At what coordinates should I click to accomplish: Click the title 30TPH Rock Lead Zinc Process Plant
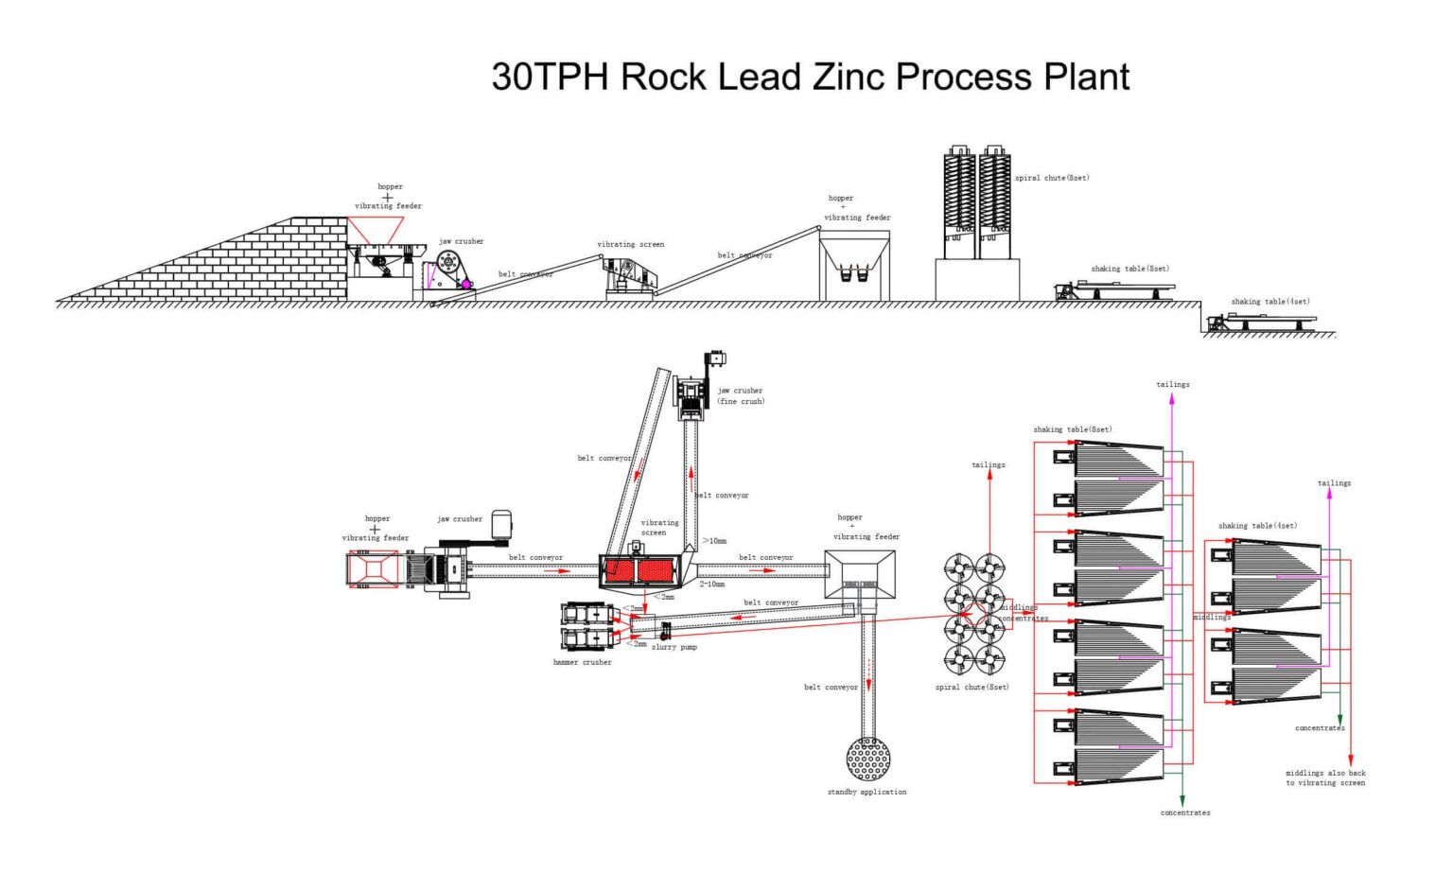click(x=810, y=77)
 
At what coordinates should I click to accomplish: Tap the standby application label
click(x=867, y=792)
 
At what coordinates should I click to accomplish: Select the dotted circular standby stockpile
click(x=867, y=759)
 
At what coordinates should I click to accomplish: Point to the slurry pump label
click(x=674, y=647)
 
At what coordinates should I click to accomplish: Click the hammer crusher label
click(x=582, y=662)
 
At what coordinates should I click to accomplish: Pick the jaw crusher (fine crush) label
click(x=740, y=395)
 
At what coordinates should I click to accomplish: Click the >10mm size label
click(x=714, y=541)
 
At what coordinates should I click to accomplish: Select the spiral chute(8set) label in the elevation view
click(x=1052, y=178)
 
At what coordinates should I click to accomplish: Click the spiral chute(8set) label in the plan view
click(x=972, y=687)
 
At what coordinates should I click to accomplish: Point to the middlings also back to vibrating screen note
click(x=1325, y=777)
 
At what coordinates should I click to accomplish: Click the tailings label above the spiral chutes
click(x=989, y=464)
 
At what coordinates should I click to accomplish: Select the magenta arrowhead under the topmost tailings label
click(x=1172, y=399)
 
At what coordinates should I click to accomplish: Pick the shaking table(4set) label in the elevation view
click(x=1269, y=302)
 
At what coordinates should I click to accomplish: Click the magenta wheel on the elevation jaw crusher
click(x=465, y=284)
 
